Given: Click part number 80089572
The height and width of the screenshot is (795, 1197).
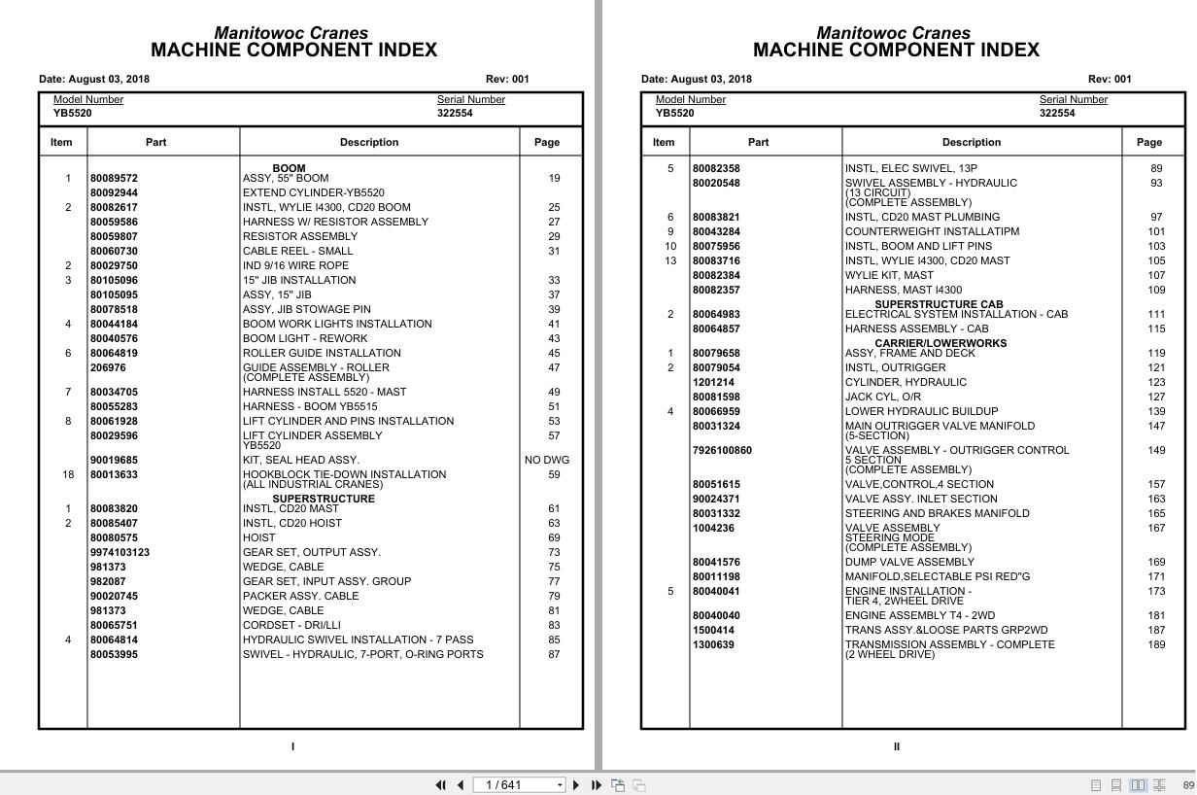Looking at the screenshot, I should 114,179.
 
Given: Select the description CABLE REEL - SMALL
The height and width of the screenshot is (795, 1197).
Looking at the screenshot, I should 297,252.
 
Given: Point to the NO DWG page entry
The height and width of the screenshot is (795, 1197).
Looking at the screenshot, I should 547,461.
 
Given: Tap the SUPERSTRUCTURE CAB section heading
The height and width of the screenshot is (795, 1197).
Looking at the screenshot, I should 939,304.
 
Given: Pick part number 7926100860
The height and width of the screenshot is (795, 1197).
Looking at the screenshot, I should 721,451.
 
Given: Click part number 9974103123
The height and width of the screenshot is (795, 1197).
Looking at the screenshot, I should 120,553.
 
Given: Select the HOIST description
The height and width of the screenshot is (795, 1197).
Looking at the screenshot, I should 258,538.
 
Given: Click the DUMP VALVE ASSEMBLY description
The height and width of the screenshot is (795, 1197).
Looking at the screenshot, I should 908,563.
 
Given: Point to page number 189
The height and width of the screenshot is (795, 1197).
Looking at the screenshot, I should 1156,645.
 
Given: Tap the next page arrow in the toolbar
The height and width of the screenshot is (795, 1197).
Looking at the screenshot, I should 576,785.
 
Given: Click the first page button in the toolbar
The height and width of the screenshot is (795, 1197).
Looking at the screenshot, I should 440,785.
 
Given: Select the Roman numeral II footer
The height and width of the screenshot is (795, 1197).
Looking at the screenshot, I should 896,747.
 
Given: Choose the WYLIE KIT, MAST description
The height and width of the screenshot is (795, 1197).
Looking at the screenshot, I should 888,276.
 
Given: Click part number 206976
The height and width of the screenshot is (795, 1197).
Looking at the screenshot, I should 108,368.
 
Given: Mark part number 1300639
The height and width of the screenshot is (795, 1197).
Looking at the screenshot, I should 713,645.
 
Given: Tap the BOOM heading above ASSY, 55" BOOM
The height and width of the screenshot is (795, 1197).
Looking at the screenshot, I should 289,168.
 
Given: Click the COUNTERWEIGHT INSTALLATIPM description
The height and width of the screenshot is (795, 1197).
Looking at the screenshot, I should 932,232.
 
